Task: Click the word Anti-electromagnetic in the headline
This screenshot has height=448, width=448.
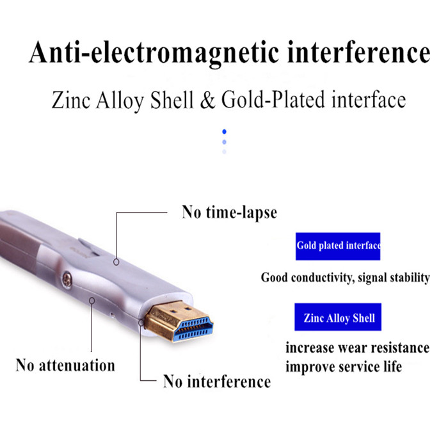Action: point(154,54)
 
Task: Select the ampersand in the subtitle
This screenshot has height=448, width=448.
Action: point(207,100)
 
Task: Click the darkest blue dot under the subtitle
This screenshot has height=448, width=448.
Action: point(224,131)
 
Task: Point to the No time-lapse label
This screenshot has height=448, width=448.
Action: point(229,212)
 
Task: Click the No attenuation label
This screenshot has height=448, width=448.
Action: point(65,365)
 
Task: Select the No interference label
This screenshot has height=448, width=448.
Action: point(217,381)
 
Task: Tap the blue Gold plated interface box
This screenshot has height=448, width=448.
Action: point(338,246)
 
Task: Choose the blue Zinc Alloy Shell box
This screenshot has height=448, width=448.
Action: point(338,317)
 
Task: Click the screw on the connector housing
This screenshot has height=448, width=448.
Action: point(67,280)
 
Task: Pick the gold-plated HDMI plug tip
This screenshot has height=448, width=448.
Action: point(179,321)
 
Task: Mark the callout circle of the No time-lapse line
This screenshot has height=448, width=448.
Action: point(116,262)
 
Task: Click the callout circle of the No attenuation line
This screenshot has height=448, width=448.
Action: point(92,301)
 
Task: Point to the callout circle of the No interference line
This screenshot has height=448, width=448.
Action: point(141,323)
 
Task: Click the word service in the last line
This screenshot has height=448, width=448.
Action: point(359,367)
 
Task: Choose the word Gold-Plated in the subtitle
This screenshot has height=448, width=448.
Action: point(273,100)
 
